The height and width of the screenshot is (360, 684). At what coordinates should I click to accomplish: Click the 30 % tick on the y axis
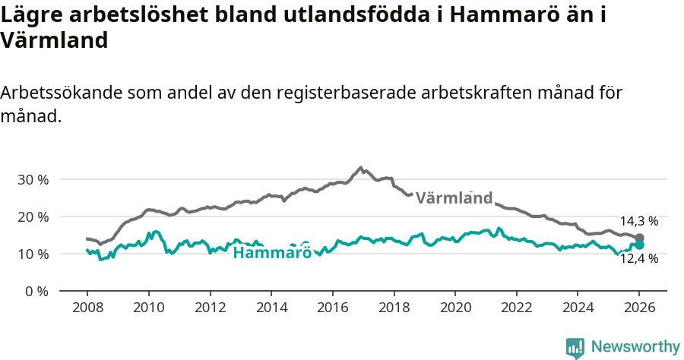point(33,180)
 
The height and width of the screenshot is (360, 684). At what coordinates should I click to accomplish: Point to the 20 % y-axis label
point(33,217)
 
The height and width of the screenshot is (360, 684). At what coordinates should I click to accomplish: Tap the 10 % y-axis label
point(33,254)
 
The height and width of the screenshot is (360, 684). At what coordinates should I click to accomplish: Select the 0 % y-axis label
point(36,291)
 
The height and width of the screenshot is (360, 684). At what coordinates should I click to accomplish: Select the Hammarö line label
point(272,253)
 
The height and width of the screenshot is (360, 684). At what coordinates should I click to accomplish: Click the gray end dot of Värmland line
point(639,238)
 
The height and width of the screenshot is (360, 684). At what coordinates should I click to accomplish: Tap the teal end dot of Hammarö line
point(639,245)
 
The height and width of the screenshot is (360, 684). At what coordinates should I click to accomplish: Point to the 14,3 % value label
point(638,221)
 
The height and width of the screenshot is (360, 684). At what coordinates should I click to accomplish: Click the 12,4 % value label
point(638,259)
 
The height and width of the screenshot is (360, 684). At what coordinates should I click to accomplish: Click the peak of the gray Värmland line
point(361,167)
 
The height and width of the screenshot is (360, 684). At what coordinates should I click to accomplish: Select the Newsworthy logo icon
point(575,347)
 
